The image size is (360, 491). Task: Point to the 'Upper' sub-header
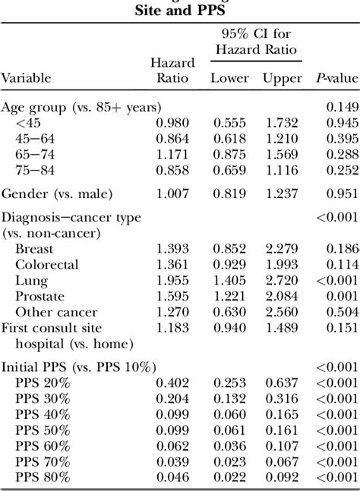[282, 77]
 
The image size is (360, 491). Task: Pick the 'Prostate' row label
[39, 297]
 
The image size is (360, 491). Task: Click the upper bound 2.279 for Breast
[282, 250]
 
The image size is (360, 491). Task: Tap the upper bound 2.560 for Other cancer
[282, 313]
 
